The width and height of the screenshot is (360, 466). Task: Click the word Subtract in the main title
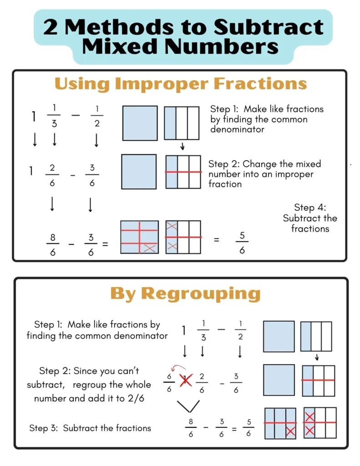point(269,27)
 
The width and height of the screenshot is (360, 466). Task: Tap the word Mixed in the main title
point(120,46)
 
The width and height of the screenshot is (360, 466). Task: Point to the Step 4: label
point(310,208)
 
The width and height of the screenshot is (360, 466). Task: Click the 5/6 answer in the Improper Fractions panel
point(242,243)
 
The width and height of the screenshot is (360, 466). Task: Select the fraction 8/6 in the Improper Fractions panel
point(53,244)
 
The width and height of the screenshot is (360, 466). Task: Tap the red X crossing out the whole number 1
point(186,380)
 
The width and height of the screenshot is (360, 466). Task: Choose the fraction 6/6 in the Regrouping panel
point(169,382)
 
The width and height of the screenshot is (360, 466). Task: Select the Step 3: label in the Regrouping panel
point(43,428)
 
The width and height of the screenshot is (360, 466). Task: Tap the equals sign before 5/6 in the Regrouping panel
point(234,429)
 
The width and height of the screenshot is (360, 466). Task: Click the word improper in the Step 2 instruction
point(294,175)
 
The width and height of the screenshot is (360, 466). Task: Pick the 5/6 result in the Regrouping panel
point(248,428)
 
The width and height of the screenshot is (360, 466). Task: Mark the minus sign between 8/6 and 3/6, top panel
point(71,244)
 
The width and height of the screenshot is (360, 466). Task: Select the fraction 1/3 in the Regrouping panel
point(203,330)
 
